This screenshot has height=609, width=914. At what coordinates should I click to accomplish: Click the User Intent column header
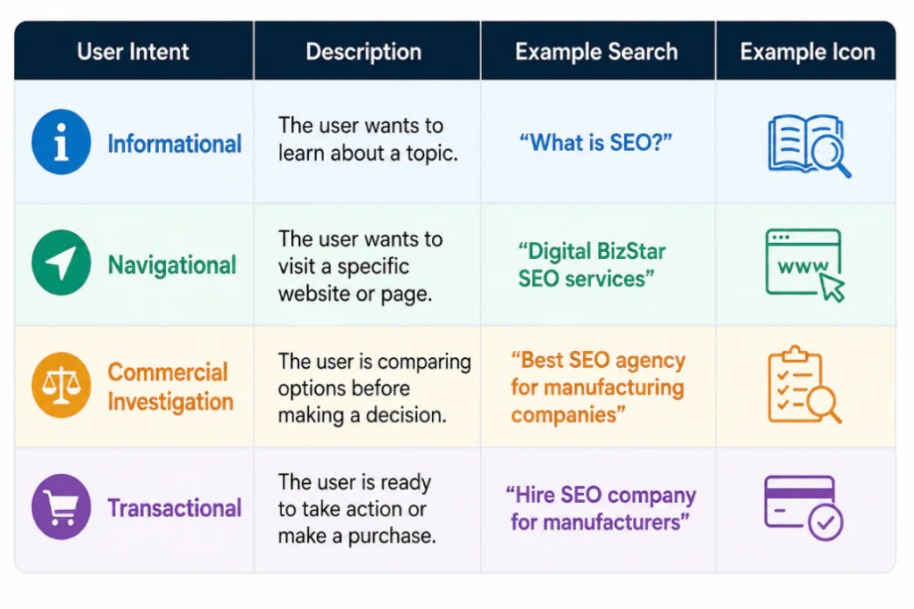(133, 52)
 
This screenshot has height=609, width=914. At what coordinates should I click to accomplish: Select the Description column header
(364, 52)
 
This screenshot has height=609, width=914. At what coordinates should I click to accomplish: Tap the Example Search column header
(596, 52)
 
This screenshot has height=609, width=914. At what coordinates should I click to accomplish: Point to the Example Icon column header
(807, 52)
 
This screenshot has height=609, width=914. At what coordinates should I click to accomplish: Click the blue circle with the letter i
(62, 142)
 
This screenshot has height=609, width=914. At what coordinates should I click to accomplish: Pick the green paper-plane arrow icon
(62, 263)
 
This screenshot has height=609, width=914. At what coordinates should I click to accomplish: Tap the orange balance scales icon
(62, 385)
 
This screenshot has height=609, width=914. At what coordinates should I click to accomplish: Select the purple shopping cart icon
(62, 507)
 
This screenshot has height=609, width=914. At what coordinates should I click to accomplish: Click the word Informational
(174, 144)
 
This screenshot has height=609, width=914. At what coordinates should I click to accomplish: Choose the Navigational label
(172, 265)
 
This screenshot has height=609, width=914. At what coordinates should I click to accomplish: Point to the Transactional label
(174, 508)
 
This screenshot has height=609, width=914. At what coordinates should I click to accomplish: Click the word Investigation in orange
(170, 402)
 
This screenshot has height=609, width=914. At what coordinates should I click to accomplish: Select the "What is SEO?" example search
(595, 142)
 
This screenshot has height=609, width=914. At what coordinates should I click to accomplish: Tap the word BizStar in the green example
(631, 252)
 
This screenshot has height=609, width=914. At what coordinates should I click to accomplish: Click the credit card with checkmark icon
(803, 507)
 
